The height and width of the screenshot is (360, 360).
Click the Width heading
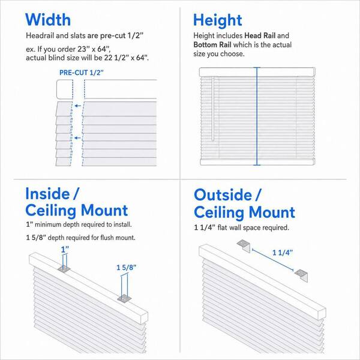pos(48,20)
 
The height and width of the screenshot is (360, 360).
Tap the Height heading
pos(218,20)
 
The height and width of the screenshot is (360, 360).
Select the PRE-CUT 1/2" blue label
pos(82,73)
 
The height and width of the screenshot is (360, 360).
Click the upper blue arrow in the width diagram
pos(78,106)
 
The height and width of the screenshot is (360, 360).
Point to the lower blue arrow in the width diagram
pos(77,138)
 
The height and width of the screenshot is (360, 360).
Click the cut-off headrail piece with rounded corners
pos(65,89)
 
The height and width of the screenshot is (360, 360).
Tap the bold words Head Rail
pos(260,35)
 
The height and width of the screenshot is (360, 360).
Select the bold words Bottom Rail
pos(212,44)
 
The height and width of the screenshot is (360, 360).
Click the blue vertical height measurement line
pos(257,116)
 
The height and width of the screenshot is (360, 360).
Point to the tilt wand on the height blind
pos(213,109)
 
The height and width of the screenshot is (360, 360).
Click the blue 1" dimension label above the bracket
pos(65,250)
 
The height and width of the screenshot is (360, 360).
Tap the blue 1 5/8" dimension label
pos(126,268)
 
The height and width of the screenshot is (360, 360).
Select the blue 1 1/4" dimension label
pos(283,253)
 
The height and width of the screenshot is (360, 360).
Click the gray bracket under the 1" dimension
pos(64,269)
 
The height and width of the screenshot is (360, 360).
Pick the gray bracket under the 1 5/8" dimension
pos(124,299)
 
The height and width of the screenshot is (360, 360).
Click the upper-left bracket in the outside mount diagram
pos(244,245)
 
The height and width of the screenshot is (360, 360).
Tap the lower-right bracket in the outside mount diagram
pos(301,275)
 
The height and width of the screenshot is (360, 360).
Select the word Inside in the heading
pos(47,194)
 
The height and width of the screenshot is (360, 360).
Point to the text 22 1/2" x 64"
pos(125,58)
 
